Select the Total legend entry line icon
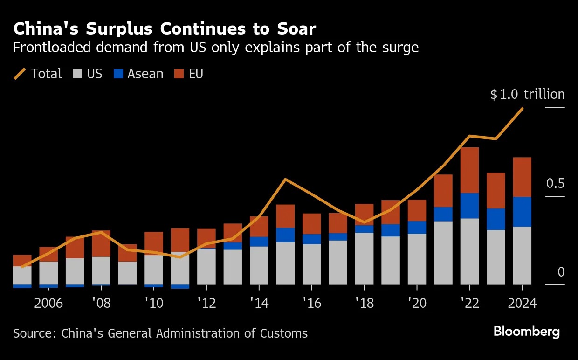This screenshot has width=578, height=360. coord(20,74)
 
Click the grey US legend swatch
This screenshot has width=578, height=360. coord(77,74)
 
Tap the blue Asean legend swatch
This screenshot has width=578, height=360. coord(118,74)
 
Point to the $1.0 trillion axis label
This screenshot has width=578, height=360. coord(527,95)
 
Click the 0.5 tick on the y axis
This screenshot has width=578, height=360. coord(555,184)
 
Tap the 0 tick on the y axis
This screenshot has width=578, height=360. coord(561,272)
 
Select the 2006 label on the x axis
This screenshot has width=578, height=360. coord(48,303)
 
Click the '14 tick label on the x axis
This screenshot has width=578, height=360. coord(259,303)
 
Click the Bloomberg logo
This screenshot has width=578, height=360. coord(527,332)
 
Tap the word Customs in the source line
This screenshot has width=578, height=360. coord(284,333)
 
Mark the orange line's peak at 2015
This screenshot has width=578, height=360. coord(285,179)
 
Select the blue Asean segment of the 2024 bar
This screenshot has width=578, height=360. coord(522,212)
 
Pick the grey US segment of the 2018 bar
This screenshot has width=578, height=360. coord(364,258)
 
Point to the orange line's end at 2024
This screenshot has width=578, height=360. coord(522,109)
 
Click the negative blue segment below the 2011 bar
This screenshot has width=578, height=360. coord(180,286)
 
